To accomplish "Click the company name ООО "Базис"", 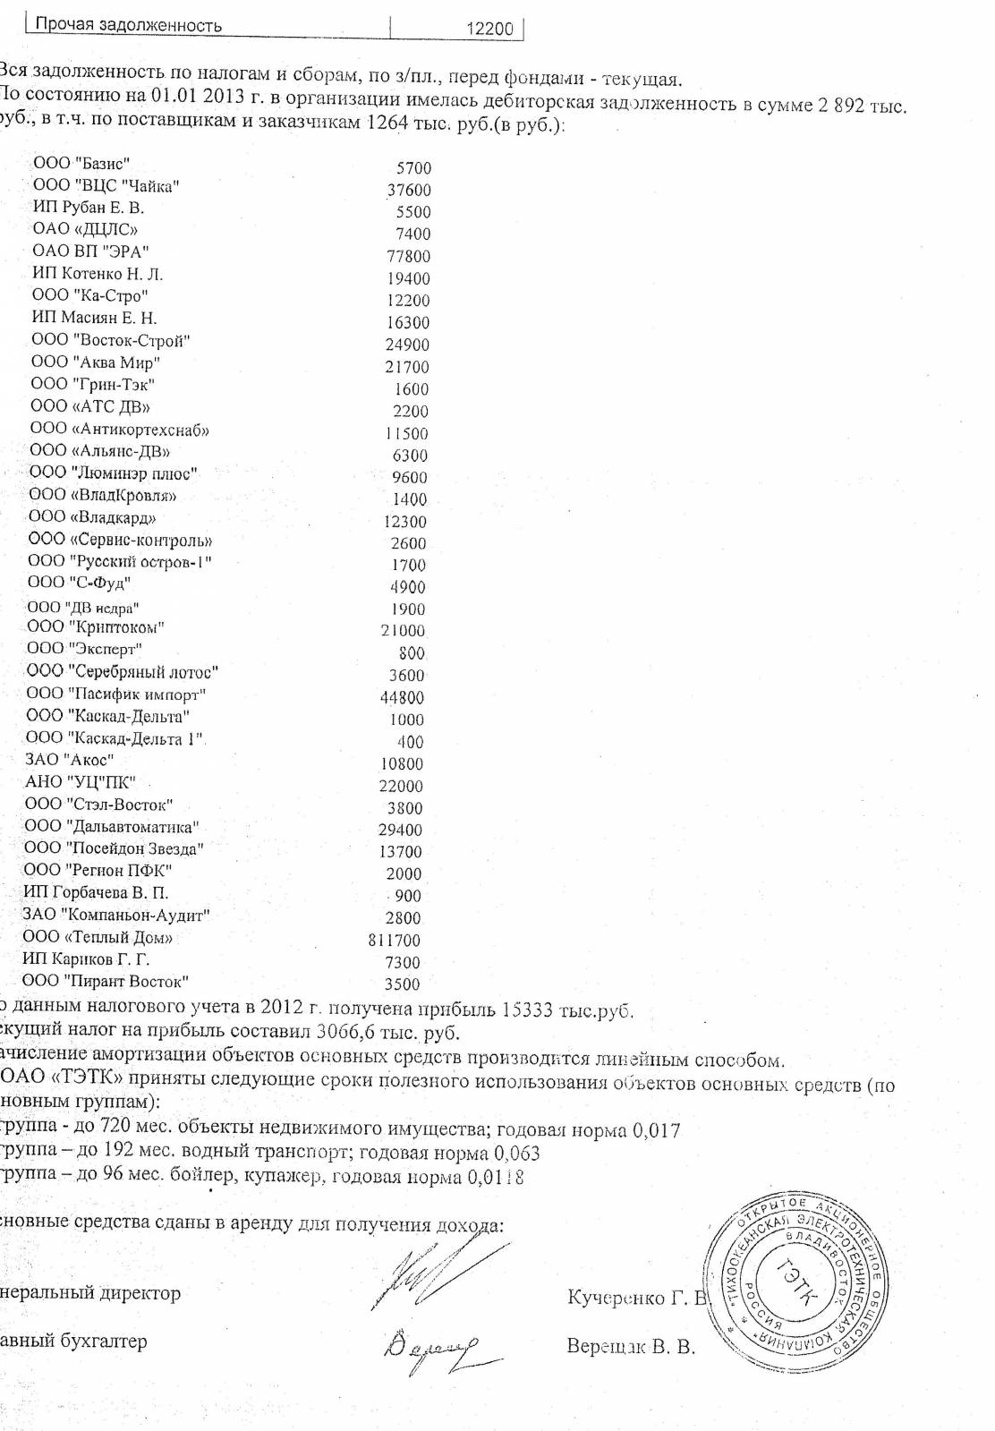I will (81, 163).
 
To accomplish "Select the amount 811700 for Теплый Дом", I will (394, 941).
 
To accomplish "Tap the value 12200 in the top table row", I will (490, 29).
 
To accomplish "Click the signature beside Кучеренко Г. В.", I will (419, 1282).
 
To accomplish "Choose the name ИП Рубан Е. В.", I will (88, 208).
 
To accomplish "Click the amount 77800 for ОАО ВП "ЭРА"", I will (408, 256).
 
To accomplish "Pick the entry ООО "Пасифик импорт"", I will (116, 694).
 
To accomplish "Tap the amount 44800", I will (403, 698).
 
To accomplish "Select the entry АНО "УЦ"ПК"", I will (80, 782).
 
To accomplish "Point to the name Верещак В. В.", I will (631, 1347).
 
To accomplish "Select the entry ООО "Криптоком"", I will (96, 627).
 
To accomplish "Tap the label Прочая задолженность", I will (128, 26).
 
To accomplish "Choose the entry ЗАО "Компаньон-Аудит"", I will (116, 916).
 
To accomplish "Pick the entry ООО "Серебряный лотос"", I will (122, 672).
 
